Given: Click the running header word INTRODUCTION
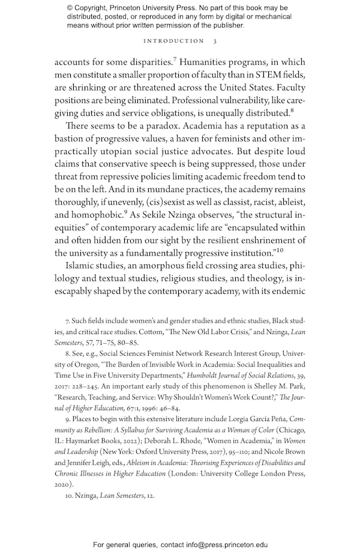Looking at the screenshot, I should (x=174, y=41).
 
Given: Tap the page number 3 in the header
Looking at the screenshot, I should (x=215, y=41).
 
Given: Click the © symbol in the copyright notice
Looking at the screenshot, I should (x=70, y=8).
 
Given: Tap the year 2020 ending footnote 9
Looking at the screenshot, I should (x=63, y=484).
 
